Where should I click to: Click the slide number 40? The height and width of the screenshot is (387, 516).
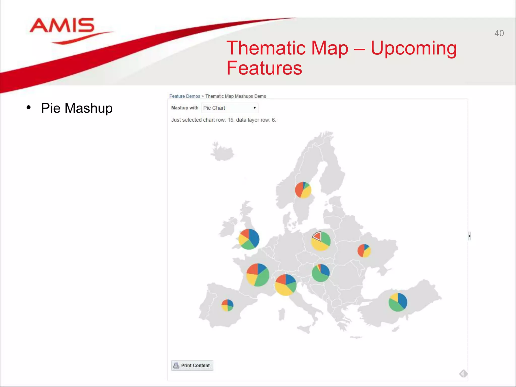tap(499, 33)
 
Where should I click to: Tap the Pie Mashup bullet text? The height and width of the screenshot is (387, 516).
tap(77, 108)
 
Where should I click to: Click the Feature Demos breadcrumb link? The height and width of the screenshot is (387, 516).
tap(184, 96)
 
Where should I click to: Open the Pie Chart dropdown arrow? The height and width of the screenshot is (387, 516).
tap(254, 108)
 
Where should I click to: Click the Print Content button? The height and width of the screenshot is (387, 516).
tap(192, 365)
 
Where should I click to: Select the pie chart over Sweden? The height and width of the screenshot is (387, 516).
tap(303, 190)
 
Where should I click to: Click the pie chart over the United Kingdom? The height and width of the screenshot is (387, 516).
tap(249, 239)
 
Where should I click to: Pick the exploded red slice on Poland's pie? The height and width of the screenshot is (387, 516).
tap(317, 236)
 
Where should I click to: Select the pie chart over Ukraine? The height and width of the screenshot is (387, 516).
tap(364, 250)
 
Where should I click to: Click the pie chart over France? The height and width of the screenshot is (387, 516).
tap(257, 275)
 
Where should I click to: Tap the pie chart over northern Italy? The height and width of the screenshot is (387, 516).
tap(285, 285)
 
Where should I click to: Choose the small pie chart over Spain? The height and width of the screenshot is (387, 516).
tap(227, 305)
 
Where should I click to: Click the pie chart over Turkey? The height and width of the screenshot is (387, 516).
tap(398, 302)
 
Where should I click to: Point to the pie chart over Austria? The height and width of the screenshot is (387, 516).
tap(320, 273)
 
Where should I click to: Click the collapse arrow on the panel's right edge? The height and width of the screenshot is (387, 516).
tap(469, 236)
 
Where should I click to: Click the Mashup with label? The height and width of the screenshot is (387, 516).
tap(185, 108)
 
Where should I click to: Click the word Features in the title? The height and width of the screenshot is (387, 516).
tap(264, 68)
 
